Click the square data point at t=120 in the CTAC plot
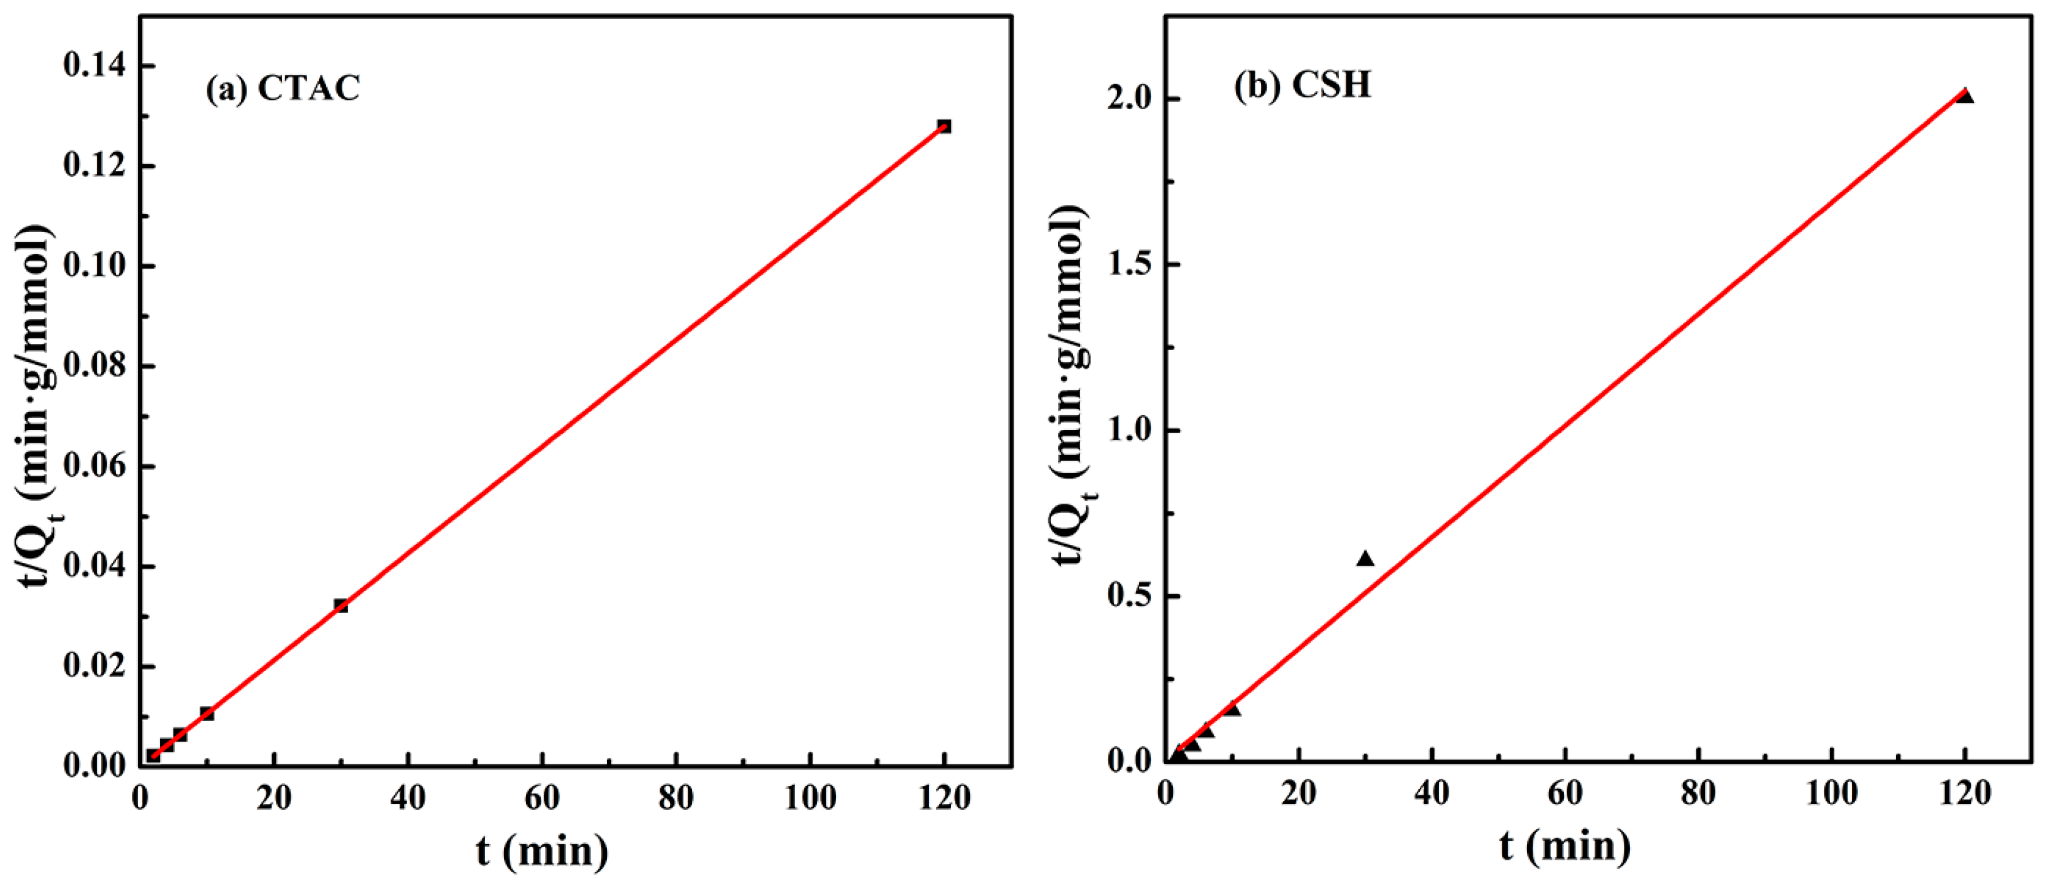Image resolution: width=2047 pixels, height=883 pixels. (x=944, y=126)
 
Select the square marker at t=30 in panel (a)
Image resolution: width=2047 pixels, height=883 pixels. (x=341, y=606)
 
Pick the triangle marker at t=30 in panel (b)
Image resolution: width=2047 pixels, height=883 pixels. (x=1365, y=559)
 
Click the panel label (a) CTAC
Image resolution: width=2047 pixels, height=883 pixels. (x=283, y=88)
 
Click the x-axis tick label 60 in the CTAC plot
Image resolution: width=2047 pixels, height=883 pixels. (x=542, y=797)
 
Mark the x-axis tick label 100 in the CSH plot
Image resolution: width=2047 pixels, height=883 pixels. (x=1832, y=794)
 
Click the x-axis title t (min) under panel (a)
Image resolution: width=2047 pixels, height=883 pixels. (x=542, y=851)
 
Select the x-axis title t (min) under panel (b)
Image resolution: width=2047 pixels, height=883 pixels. (x=1565, y=846)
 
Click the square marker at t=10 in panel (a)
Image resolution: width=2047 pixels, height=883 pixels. (x=207, y=714)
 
